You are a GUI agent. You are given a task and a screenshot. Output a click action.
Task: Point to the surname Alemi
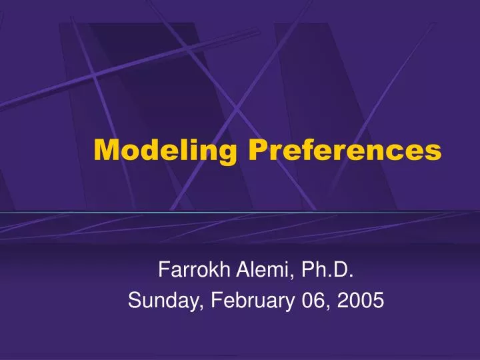[x=252, y=270]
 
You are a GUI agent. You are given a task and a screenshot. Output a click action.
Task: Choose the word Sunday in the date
[x=164, y=301]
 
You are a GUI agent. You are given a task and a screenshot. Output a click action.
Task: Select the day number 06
[x=316, y=301]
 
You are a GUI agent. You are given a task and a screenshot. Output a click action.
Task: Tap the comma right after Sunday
[x=202, y=307]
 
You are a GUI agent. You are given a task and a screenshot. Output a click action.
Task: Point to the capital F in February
[x=215, y=301]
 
